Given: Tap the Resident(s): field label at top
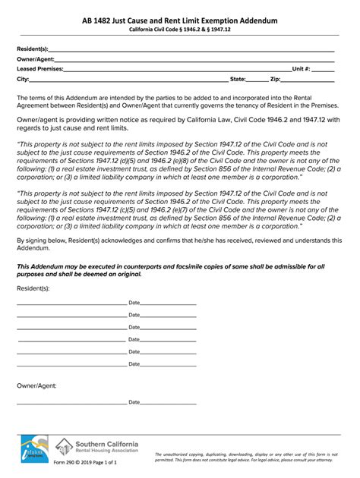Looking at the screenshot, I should [33, 49].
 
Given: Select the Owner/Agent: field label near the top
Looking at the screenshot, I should [36, 59].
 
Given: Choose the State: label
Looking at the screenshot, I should [238, 79].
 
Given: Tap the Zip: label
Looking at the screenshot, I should [275, 79].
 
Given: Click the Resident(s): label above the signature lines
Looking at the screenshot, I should [33, 288].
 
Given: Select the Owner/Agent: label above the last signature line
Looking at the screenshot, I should [36, 386].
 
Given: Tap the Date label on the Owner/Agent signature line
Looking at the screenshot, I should [134, 402].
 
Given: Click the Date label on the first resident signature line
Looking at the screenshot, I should [134, 303].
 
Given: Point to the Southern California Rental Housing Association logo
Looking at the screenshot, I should [96, 450].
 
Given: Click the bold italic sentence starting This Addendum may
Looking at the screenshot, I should [171, 270].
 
